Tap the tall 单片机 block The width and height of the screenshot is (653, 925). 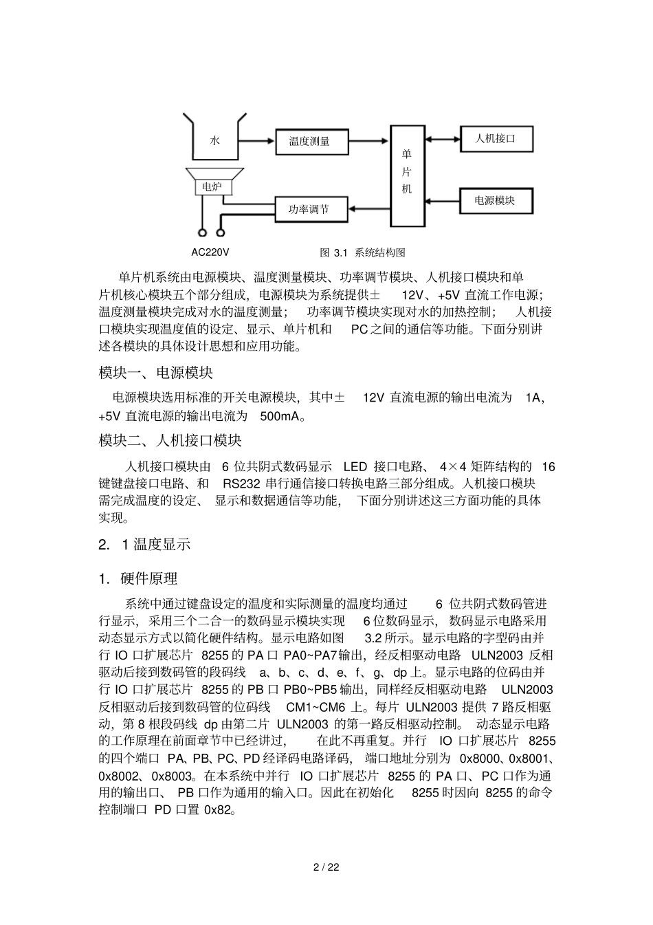[x=407, y=175]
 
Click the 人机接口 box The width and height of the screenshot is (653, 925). [x=496, y=139]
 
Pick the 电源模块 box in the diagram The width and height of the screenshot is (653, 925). [x=495, y=200]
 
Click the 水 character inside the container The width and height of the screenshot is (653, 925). [x=214, y=140]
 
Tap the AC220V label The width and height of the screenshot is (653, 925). [x=210, y=252]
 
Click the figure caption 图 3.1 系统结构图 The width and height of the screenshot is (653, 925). [x=362, y=252]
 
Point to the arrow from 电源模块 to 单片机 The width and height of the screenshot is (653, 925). [x=441, y=200]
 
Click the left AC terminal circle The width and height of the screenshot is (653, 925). [x=203, y=232]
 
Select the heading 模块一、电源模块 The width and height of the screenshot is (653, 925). [x=156, y=373]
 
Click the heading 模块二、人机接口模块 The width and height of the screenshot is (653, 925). [x=170, y=440]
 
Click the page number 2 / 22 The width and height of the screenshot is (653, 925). [x=326, y=867]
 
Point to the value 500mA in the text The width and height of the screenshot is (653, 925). [x=282, y=416]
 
